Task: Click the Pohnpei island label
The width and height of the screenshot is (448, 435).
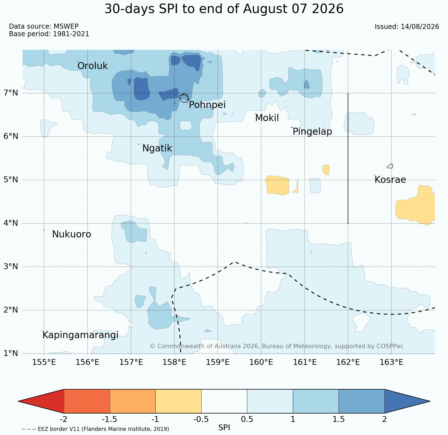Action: (x=207, y=105)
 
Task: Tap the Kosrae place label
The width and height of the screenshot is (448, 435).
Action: (x=390, y=180)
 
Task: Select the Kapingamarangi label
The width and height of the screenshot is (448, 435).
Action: (x=80, y=335)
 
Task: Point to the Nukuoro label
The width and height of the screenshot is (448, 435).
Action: (x=72, y=234)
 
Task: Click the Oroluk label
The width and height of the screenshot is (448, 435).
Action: (x=92, y=66)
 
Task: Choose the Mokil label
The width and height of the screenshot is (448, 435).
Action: (x=267, y=118)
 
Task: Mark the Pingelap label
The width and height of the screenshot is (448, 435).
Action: (x=312, y=131)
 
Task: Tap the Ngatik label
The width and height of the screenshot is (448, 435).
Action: (x=157, y=148)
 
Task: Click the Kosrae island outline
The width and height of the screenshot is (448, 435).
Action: (x=390, y=166)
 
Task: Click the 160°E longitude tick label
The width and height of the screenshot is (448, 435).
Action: (x=261, y=362)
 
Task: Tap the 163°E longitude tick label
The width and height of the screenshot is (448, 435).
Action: (x=391, y=362)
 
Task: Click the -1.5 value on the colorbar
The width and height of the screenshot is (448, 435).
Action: (x=110, y=419)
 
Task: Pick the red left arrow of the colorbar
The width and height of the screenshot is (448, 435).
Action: (x=41, y=401)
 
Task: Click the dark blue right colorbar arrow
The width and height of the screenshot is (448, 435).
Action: (x=407, y=401)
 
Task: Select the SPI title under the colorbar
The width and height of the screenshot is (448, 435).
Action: (x=224, y=428)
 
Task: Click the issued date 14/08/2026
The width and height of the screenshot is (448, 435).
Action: (x=420, y=27)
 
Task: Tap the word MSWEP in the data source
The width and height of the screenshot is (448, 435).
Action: (x=66, y=26)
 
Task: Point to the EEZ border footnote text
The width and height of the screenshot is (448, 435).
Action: (x=95, y=429)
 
